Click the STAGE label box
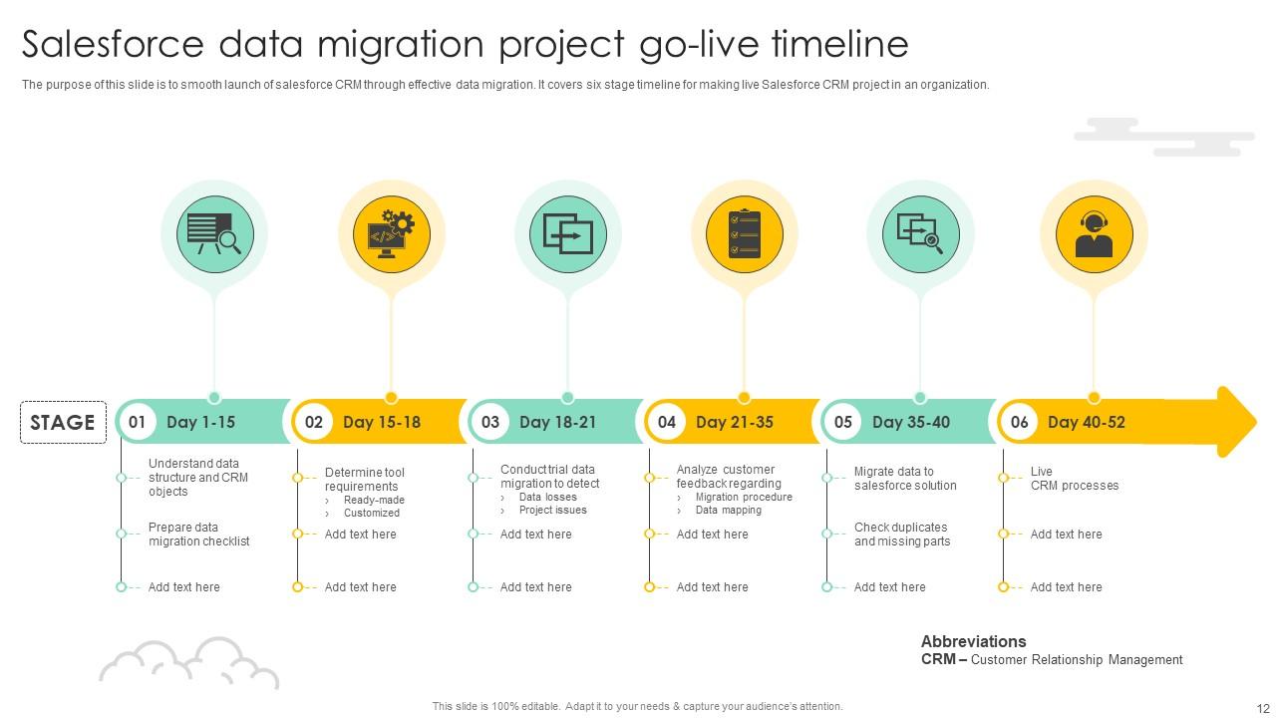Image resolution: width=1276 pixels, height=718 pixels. coord(63,422)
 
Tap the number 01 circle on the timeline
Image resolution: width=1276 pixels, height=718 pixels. coord(138,422)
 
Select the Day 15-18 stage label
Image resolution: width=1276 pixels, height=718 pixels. coord(382,422)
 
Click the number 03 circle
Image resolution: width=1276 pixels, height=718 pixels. coord(490,422)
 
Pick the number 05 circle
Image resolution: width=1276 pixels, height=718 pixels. coord(843,422)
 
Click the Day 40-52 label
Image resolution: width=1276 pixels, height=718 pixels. coord(1087,422)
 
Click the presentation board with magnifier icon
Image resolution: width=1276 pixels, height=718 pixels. coord(214,234)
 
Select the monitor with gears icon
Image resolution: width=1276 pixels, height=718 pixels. coord(391,234)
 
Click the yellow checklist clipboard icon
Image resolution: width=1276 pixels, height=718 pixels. coord(745,234)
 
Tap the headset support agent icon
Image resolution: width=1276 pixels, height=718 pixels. coord(1094,234)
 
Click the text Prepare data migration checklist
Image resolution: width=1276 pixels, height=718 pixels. coord(198,535)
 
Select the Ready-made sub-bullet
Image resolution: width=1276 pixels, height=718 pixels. coord(374,500)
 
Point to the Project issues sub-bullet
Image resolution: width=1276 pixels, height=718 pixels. coord(552,510)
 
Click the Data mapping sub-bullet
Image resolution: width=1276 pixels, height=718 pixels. coord(728,510)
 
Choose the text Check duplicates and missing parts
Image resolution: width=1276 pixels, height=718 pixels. coord(901,535)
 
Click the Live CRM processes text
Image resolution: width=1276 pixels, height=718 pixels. coord(1074,479)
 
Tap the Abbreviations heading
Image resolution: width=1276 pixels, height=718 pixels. coord(973,641)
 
